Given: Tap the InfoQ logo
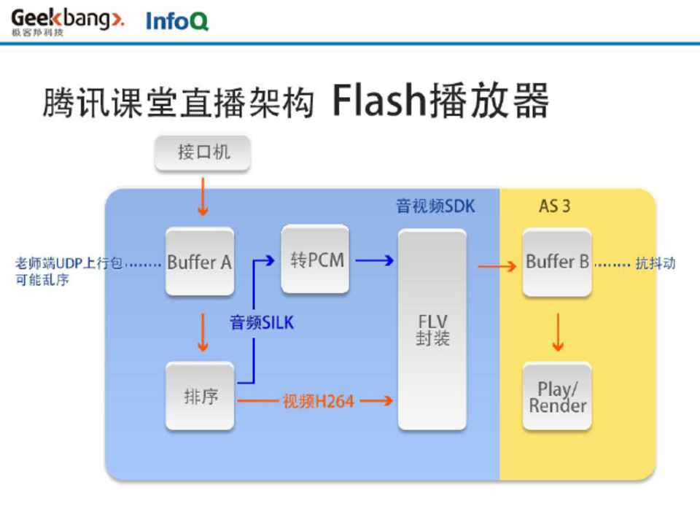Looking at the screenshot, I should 177,21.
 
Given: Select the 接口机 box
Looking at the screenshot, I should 203,152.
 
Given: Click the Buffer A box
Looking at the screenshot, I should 200,262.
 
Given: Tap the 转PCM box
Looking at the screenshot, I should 316,260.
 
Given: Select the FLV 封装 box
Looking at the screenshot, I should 432,330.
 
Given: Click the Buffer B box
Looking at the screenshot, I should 557,262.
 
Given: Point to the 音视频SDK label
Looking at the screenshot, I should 435,206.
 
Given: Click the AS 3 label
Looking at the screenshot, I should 554,206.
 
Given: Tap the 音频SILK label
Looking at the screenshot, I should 262,322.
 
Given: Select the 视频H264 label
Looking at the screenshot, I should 318,401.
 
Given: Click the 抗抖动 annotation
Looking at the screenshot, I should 655,263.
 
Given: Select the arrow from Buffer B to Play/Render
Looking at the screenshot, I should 558,332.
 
